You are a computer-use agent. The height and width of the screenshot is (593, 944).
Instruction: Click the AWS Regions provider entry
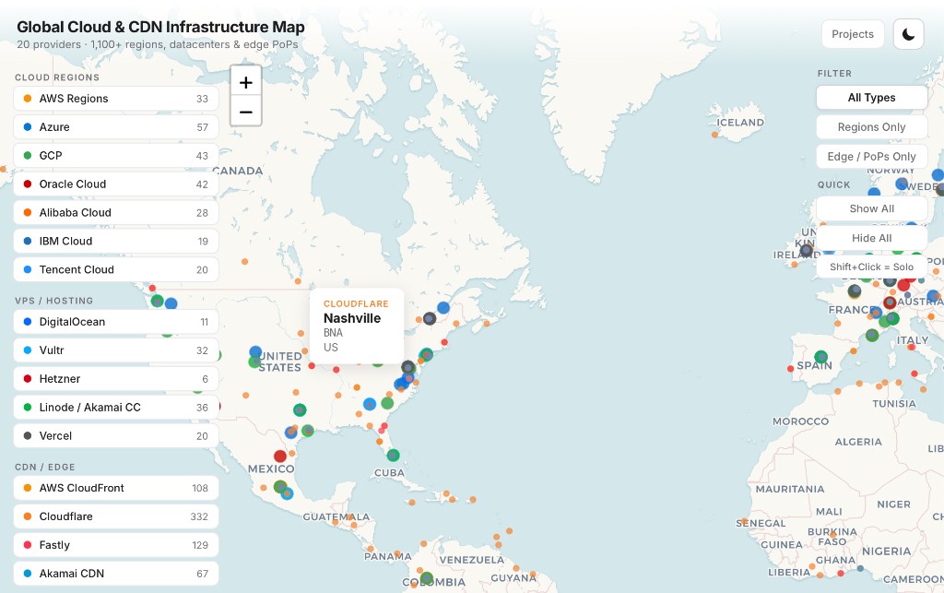click(115, 99)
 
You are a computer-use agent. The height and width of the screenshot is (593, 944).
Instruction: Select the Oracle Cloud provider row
click(115, 184)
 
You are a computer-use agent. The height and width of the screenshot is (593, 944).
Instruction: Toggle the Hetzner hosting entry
click(115, 379)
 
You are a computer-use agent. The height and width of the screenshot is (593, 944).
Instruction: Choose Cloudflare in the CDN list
click(115, 516)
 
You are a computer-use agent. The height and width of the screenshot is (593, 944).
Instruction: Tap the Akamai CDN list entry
click(115, 574)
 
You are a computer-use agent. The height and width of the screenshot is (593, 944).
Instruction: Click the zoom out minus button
click(245, 113)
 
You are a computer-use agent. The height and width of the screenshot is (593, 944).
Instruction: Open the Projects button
click(852, 34)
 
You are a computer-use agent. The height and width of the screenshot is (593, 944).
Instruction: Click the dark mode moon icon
click(908, 34)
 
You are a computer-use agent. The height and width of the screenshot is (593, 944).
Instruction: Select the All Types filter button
click(871, 98)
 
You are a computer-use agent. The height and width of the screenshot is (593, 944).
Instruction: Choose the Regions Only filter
click(871, 127)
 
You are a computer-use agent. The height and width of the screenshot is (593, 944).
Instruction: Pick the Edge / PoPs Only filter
click(871, 157)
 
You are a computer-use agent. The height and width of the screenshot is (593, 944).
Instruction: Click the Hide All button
click(871, 238)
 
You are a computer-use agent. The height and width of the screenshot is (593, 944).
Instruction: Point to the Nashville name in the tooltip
click(352, 318)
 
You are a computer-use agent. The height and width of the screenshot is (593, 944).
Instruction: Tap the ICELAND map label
click(740, 123)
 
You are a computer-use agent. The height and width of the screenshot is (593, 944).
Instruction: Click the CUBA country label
click(389, 473)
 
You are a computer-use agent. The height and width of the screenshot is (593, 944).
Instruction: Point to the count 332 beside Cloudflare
click(199, 516)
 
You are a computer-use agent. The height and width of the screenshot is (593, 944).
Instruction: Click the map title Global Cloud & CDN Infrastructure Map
click(160, 27)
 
